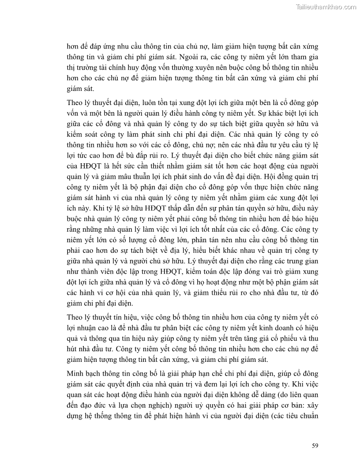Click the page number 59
click(x=315, y=445)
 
